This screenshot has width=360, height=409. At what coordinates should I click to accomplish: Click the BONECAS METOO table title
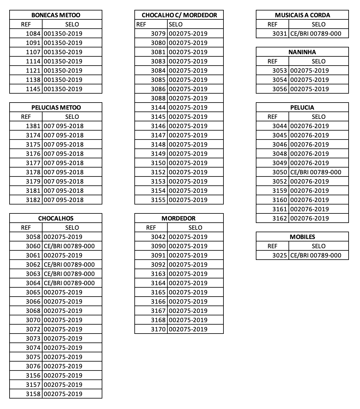[x=56, y=15]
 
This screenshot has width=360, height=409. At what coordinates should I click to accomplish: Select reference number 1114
[x=33, y=61]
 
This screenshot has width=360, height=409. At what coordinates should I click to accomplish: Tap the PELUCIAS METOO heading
[x=56, y=107]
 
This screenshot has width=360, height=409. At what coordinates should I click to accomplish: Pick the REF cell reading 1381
[x=33, y=126]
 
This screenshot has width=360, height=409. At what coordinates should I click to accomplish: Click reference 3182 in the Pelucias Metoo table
[x=33, y=200]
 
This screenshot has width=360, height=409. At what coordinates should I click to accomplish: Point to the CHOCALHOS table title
[x=56, y=218]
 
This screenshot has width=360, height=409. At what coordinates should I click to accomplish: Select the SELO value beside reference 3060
[x=69, y=246]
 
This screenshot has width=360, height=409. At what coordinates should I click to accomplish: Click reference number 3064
[x=33, y=283]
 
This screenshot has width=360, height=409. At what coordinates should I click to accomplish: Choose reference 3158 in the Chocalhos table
[x=33, y=394]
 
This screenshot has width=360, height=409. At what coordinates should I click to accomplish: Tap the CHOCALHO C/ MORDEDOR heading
[x=179, y=15]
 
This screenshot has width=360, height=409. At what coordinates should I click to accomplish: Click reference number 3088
[x=158, y=98]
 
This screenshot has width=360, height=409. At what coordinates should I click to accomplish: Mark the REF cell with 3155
[x=158, y=200]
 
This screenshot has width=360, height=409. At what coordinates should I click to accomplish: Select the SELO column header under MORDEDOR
[x=195, y=228]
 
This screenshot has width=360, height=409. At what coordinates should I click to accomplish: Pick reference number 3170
[x=158, y=329]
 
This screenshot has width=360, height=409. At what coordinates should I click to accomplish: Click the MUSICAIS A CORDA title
[x=302, y=15]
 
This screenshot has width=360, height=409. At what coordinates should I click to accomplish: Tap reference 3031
[x=280, y=34]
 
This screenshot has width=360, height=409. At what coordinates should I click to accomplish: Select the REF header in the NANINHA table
[x=272, y=61]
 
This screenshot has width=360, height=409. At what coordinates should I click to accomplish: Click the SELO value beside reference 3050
[x=316, y=172]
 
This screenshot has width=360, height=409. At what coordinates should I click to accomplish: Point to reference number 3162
[x=280, y=218]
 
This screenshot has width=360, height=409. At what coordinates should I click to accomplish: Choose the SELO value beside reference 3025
[x=316, y=255]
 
